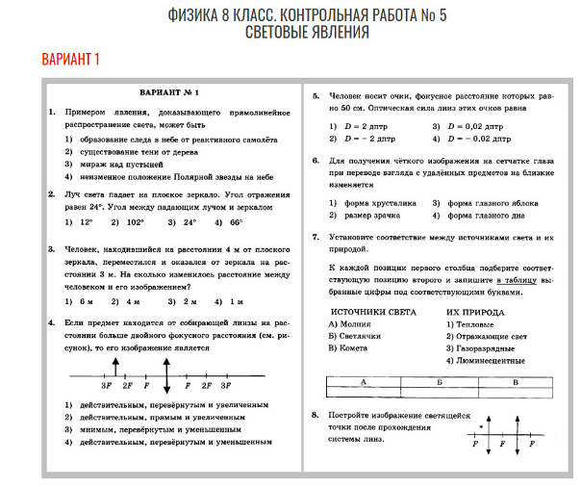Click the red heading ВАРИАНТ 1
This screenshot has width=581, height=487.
click(x=70, y=61)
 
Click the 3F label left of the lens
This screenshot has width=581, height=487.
click(x=106, y=385)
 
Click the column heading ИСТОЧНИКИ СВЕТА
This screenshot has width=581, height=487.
click(x=372, y=313)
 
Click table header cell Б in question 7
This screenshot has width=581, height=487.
click(x=439, y=381)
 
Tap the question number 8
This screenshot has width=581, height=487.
click(x=316, y=414)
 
